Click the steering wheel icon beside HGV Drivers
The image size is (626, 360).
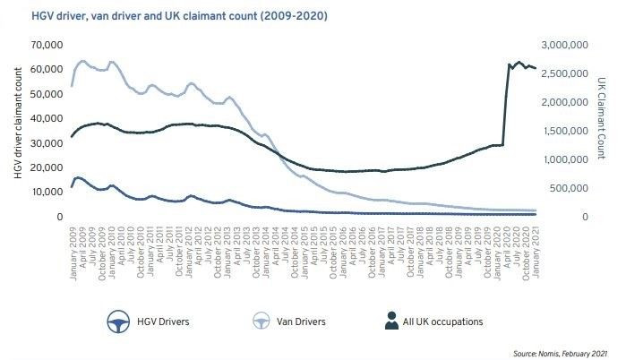click(x=114, y=321)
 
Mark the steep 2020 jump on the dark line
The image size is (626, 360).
click(x=505, y=103)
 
